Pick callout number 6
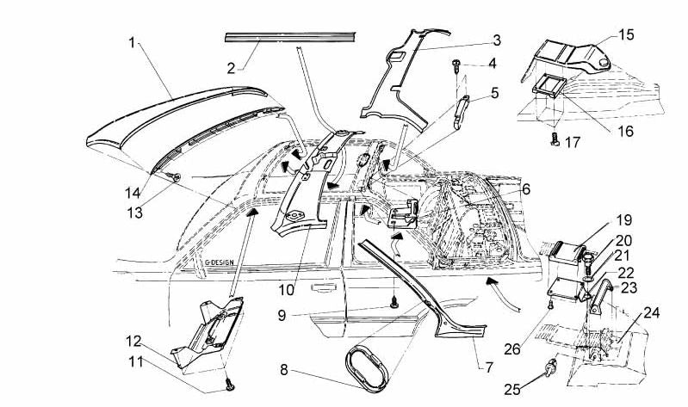pyautogui.click(x=524, y=188)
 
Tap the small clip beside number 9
pyautogui.click(x=394, y=301)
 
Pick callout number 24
pyautogui.click(x=651, y=312)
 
